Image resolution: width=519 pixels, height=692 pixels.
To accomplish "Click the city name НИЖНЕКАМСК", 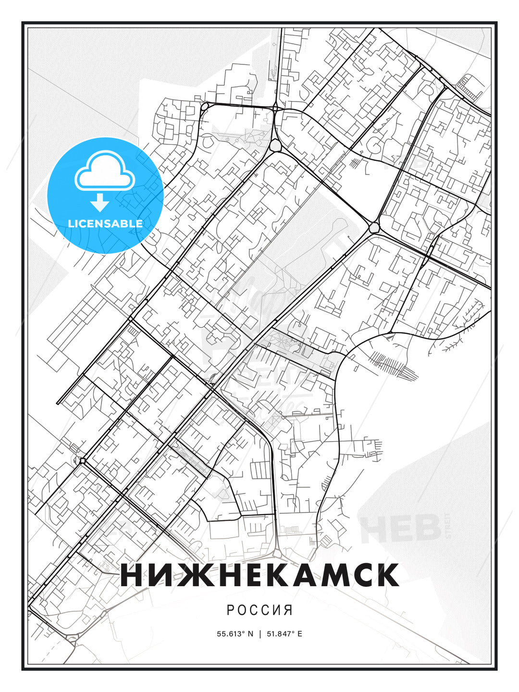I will (x=259, y=575).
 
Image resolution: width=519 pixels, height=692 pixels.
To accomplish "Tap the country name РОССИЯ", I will (x=259, y=610).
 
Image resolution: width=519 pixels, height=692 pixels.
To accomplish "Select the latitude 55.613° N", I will (x=235, y=634).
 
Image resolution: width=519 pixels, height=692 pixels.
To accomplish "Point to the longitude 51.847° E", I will (x=284, y=634).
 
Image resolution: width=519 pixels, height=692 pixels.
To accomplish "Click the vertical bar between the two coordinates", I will (x=260, y=634).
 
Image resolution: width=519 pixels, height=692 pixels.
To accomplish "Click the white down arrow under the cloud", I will (x=100, y=203).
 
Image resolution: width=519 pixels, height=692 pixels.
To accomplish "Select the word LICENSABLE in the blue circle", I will (x=105, y=223).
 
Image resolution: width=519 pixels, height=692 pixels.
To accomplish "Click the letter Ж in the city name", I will (x=185, y=575).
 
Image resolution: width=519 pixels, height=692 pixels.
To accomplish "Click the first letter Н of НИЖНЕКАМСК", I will (x=131, y=575).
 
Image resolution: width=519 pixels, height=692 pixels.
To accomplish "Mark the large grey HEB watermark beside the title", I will (x=401, y=527).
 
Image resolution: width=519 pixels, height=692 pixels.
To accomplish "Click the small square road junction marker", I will (x=83, y=461).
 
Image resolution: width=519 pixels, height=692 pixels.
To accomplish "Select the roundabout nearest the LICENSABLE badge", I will (x=205, y=106).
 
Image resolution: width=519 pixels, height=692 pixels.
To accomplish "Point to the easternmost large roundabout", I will (x=374, y=226).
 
